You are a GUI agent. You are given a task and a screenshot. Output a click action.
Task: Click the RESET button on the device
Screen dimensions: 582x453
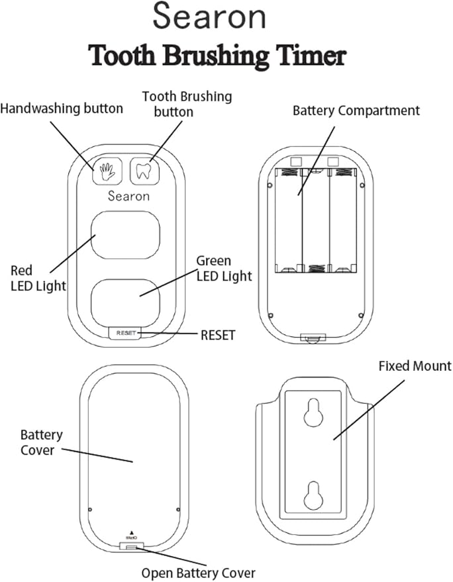[125, 333]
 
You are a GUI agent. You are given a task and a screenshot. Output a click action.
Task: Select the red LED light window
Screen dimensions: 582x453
[126, 235]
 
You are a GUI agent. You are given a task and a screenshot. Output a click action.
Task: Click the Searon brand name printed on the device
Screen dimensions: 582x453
[128, 196]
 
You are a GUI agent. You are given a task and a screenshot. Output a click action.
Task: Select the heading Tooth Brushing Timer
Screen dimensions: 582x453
[217, 56]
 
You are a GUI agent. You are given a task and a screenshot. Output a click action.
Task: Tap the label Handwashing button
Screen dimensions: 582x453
[62, 109]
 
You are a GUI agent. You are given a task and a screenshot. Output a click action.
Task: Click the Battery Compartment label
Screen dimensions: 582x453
[356, 111]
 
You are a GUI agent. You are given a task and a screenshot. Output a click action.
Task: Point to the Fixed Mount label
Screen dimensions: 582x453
[415, 365]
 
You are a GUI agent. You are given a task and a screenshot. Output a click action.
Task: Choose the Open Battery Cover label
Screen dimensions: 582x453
[198, 573]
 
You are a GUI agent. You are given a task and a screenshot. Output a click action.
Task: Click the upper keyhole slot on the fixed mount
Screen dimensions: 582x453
[315, 414]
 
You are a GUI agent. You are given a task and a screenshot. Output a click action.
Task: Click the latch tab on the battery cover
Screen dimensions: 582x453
[130, 547]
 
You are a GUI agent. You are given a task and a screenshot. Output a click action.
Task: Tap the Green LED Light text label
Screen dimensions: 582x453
[224, 268]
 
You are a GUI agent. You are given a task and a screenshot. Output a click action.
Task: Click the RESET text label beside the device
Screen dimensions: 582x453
[218, 335]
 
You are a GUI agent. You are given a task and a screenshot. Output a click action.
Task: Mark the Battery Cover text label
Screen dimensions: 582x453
[42, 442]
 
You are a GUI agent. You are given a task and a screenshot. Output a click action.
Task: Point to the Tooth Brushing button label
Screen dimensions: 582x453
[187, 104]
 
